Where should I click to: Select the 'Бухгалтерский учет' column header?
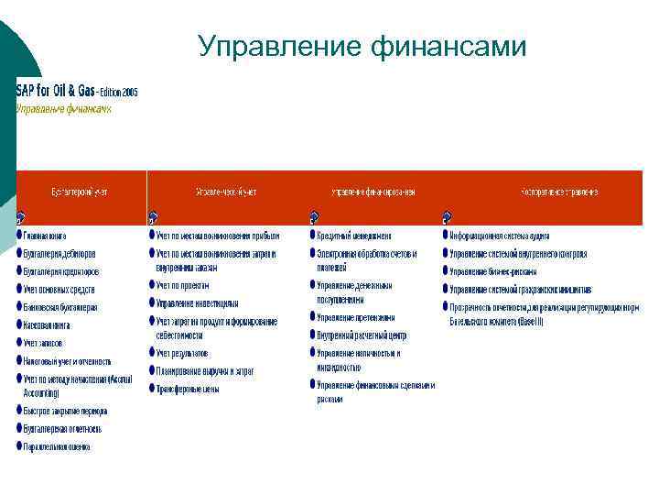tap(80, 192)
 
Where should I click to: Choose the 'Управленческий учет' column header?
tap(226, 192)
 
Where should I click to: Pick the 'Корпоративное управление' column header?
tap(559, 192)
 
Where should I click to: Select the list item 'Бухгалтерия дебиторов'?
tap(60, 254)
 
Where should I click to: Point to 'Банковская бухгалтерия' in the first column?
tap(60, 307)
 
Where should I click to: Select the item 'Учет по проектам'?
tap(183, 285)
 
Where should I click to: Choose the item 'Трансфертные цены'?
tap(188, 388)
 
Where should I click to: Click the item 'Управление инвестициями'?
tap(197, 302)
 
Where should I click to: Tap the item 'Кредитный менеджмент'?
tap(354, 236)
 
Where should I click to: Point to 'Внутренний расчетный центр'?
tap(362, 335)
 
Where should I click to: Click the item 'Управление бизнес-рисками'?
tap(492, 271)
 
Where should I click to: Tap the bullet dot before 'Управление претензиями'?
tap(313, 318)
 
